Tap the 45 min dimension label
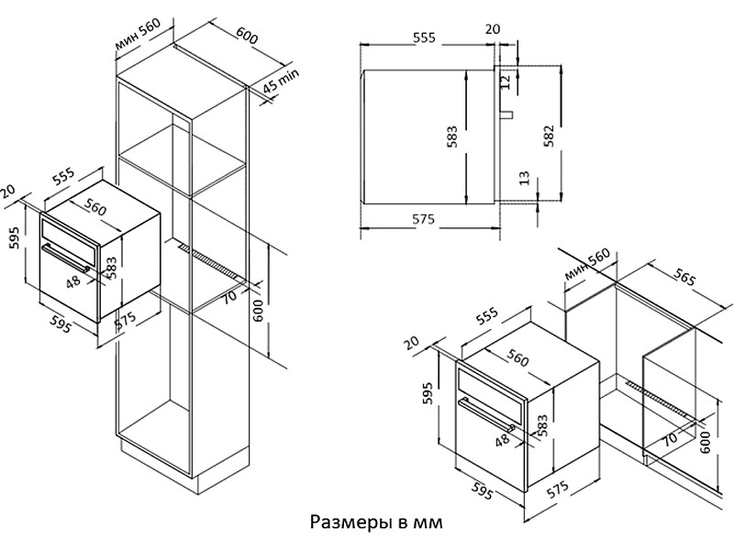point(283,87)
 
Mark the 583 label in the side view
point(452,137)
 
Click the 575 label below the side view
point(423,220)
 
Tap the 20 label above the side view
point(493,29)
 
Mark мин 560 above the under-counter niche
point(588,264)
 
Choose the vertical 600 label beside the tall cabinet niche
point(259,310)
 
